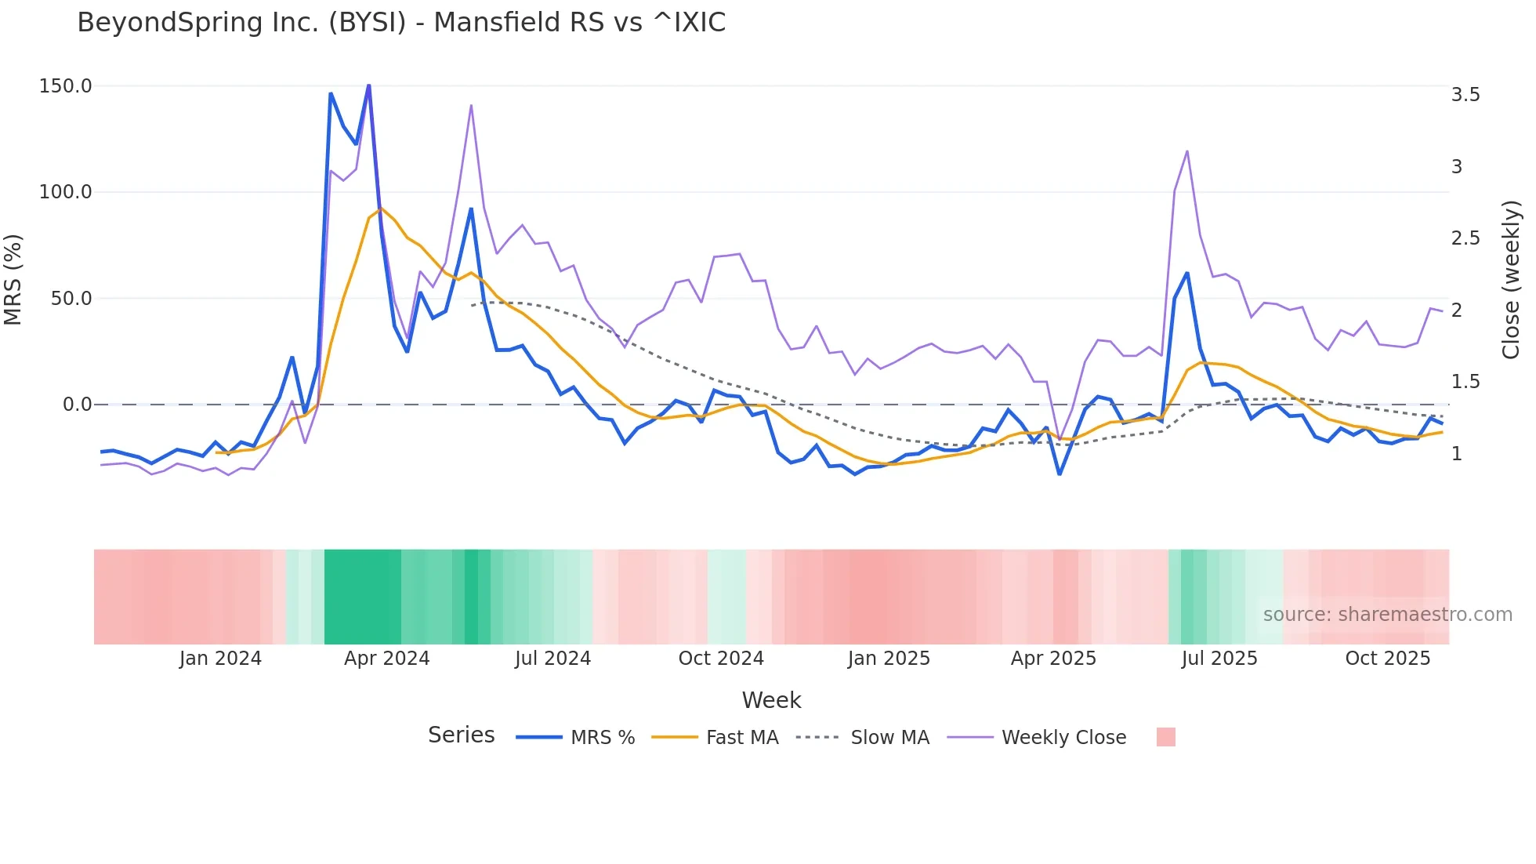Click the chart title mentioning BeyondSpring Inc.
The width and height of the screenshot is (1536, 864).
point(401,23)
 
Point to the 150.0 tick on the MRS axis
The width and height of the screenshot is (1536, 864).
point(65,86)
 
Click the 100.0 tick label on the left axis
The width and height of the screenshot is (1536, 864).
point(65,192)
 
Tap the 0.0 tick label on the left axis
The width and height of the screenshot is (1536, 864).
point(77,405)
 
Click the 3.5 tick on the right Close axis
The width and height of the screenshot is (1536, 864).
point(1465,95)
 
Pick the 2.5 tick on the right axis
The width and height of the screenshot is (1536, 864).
point(1465,238)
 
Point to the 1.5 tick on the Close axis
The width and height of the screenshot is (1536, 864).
point(1465,382)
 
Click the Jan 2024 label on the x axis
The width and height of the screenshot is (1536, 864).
point(220,659)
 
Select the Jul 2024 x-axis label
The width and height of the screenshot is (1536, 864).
point(552,659)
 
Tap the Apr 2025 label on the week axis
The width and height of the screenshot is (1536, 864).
point(1053,659)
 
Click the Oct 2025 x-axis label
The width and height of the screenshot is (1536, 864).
point(1387,659)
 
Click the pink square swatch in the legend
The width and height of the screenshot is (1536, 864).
point(1165,737)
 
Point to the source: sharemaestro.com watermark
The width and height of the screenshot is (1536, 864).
point(1387,615)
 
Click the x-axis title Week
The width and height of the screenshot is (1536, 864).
point(771,700)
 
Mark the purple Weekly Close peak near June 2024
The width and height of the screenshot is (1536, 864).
point(471,105)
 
